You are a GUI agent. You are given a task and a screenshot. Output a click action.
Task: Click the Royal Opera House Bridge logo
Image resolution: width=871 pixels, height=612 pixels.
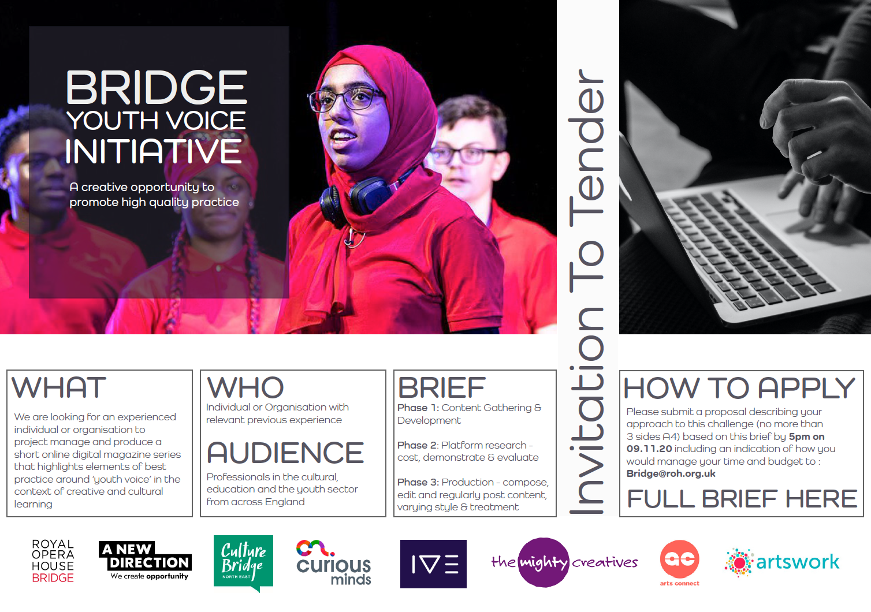pyautogui.click(x=53, y=561)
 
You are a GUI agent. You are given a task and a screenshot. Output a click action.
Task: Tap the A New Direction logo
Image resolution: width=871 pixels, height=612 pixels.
pyautogui.click(x=145, y=561)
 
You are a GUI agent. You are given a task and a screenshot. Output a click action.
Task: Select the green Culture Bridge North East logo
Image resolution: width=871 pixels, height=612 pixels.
pyautogui.click(x=243, y=563)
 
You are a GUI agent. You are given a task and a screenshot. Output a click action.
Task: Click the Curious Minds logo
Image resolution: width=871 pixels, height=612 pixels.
pyautogui.click(x=334, y=562)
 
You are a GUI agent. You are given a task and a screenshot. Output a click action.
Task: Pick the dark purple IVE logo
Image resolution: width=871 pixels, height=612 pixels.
pyautogui.click(x=433, y=564)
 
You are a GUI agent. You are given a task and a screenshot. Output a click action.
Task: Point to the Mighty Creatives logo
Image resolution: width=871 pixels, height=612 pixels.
pyautogui.click(x=565, y=562)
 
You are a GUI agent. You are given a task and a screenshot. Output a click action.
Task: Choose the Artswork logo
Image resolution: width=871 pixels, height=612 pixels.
pyautogui.click(x=782, y=562)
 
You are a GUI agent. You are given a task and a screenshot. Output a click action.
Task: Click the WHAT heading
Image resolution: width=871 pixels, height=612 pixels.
pyautogui.click(x=59, y=387)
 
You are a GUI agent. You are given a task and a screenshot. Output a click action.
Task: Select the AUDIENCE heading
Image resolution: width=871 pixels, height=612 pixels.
pyautogui.click(x=285, y=453)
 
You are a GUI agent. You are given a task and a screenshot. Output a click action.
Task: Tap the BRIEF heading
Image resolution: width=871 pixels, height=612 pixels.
pyautogui.click(x=442, y=387)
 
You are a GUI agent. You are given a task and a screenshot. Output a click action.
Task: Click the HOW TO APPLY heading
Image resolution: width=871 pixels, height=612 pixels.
pyautogui.click(x=739, y=388)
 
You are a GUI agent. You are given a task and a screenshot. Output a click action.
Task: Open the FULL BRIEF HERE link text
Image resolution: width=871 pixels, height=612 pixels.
pyautogui.click(x=742, y=498)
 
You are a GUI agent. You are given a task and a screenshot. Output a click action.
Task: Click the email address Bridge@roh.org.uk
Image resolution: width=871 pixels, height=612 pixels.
pyautogui.click(x=671, y=473)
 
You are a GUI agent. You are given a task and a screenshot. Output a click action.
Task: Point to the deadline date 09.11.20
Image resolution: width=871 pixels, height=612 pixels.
pyautogui.click(x=649, y=449)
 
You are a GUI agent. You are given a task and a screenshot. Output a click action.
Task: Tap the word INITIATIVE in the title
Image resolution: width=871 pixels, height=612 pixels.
pyautogui.click(x=153, y=151)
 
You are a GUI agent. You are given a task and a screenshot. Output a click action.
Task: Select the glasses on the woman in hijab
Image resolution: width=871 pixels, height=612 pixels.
pyautogui.click(x=345, y=99)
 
